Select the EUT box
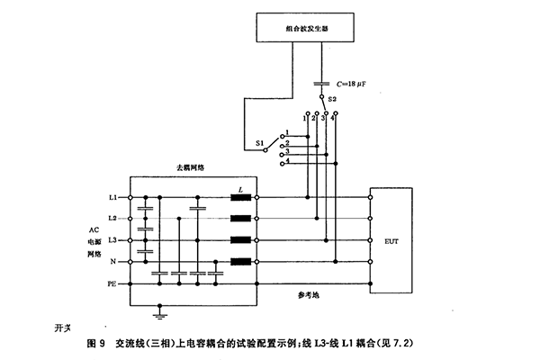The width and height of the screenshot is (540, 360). click(x=392, y=240)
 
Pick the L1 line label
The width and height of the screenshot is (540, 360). click(x=112, y=197)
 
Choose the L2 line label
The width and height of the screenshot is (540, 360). click(x=112, y=219)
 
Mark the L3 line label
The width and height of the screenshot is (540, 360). click(x=112, y=240)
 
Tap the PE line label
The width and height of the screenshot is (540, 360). click(x=112, y=283)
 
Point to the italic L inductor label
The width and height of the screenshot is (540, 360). click(x=240, y=189)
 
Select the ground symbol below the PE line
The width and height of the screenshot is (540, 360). click(x=159, y=315)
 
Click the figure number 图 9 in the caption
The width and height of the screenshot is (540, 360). click(x=96, y=343)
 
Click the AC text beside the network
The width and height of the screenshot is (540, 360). click(x=94, y=230)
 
